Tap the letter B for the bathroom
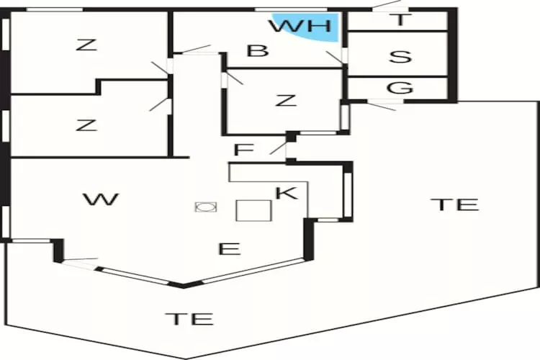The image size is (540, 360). (258, 50)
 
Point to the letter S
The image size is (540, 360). (400, 55)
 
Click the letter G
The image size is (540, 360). (400, 88)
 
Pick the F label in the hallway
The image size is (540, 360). (244, 150)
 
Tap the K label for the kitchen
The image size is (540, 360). (286, 193)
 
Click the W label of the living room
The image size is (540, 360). (100, 199)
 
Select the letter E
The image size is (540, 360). (229, 249)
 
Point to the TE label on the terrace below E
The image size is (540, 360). (189, 318)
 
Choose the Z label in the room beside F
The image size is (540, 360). (286, 100)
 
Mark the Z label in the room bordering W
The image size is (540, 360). (86, 125)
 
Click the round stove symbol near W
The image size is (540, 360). (205, 207)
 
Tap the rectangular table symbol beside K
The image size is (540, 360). (253, 210)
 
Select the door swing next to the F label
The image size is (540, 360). (278, 147)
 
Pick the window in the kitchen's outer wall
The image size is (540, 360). (348, 192)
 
